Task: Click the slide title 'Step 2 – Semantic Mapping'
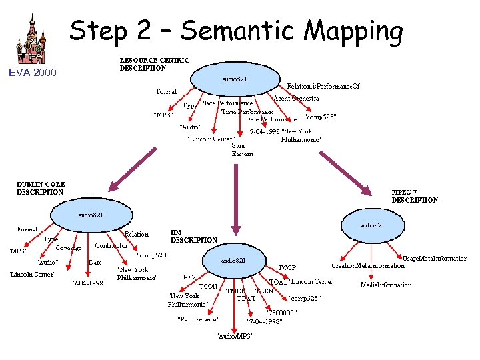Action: pyautogui.click(x=236, y=31)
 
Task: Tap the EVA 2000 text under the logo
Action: pyautogui.click(x=33, y=72)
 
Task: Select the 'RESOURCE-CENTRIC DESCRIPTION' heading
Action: pyautogui.click(x=154, y=64)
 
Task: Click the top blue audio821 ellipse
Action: pyautogui.click(x=235, y=79)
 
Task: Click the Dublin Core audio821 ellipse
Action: pyautogui.click(x=91, y=215)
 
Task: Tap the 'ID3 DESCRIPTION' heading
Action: pyautogui.click(x=194, y=236)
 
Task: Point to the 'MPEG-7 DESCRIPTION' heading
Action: pyautogui.click(x=415, y=195)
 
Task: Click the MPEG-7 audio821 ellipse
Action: pyautogui.click(x=372, y=226)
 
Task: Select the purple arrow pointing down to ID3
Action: pyautogui.click(x=235, y=200)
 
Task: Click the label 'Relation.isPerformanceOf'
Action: pyautogui.click(x=323, y=86)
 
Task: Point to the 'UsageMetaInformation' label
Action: pyautogui.click(x=435, y=258)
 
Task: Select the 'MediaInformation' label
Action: pyautogui.click(x=386, y=285)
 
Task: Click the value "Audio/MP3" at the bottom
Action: pyautogui.click(x=235, y=335)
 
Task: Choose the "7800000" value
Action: pyautogui.click(x=281, y=311)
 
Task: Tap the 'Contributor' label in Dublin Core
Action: pyautogui.click(x=111, y=245)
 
